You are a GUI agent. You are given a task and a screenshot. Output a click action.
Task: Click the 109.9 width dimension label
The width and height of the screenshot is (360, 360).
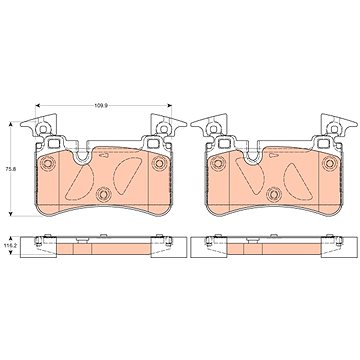98,106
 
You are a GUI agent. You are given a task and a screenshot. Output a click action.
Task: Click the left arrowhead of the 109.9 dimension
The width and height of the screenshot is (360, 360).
37,106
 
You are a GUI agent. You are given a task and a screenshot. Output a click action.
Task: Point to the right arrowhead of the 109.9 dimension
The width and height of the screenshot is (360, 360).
169,106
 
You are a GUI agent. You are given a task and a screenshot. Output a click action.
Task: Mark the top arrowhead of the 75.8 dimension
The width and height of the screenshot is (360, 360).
11,124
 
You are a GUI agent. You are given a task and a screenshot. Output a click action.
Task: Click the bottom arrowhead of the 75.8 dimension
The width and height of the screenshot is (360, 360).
11,214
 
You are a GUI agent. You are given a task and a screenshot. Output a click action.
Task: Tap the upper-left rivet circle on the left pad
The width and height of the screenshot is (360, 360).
48,163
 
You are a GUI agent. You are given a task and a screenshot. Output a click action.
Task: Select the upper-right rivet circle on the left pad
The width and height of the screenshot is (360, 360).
159,163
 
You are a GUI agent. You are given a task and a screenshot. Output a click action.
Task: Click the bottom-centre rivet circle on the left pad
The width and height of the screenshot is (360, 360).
103,194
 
